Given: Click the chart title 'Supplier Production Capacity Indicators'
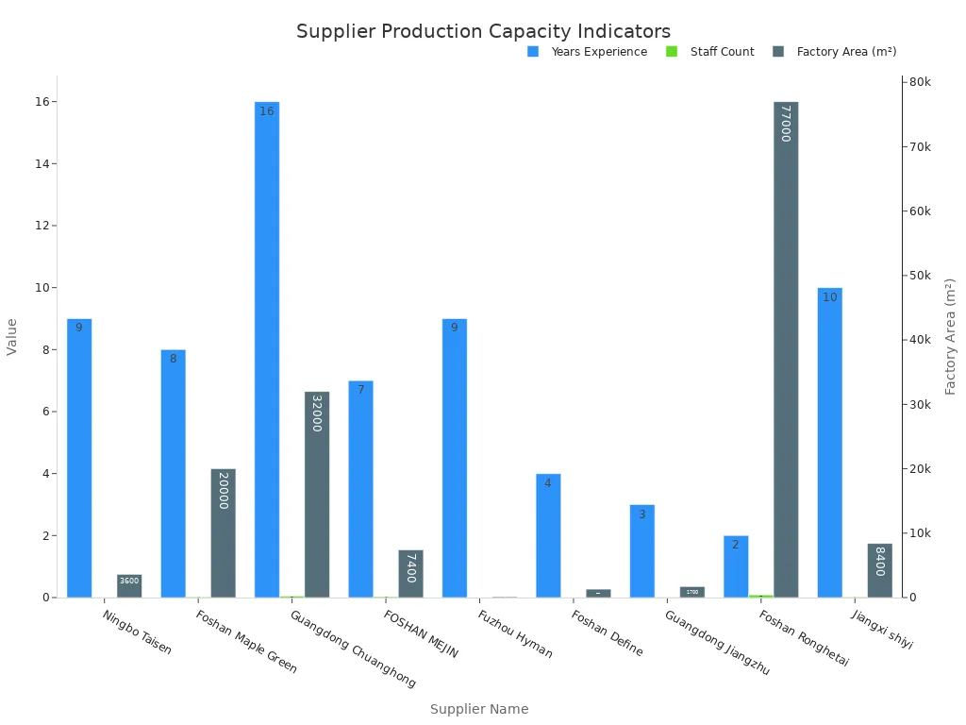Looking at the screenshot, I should tap(483, 31).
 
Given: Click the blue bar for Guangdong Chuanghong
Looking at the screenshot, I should tap(267, 349).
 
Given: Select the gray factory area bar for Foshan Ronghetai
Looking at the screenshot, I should tap(786, 349).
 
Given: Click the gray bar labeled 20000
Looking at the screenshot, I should tap(224, 533).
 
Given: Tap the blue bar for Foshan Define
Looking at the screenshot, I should tap(548, 535).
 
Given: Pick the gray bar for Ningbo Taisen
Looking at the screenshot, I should tap(129, 586).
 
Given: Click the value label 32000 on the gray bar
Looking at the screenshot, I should tap(317, 413).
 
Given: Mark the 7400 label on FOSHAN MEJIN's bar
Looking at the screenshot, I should tap(410, 568).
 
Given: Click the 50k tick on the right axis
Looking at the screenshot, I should tap(918, 276).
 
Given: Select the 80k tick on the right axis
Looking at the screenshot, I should tap(918, 82).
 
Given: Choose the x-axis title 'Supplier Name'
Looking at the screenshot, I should tap(479, 709).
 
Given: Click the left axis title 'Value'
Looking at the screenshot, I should tap(12, 336).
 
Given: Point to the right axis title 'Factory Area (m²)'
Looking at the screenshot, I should tap(951, 336).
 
